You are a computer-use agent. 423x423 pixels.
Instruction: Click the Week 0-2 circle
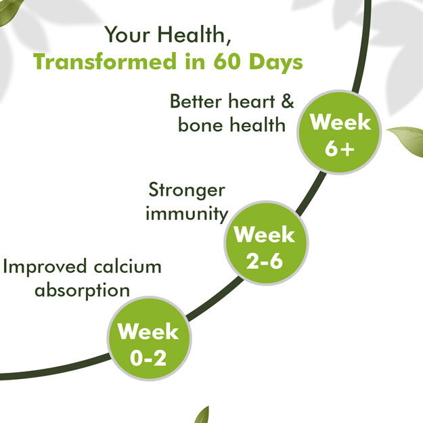[x=149, y=338]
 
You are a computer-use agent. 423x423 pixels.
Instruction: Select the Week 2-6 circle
[x=266, y=243]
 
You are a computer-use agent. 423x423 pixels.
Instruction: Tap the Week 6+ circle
[x=339, y=132]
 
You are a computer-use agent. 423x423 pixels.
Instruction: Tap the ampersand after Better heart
[x=287, y=101]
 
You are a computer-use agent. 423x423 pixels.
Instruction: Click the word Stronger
[x=187, y=191]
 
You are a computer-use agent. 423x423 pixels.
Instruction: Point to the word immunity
[x=187, y=214]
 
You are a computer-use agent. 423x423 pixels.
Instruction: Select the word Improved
[x=45, y=267]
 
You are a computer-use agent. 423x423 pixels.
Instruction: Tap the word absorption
[x=83, y=291]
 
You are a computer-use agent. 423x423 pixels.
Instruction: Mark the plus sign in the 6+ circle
[x=347, y=149]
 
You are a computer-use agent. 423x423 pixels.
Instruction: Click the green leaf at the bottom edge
[x=202, y=415]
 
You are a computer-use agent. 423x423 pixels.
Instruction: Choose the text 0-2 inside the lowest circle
[x=148, y=358]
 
